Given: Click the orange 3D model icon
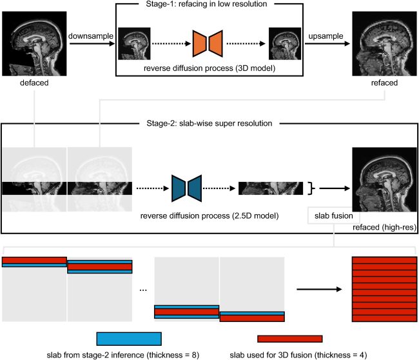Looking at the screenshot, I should (x=208, y=43).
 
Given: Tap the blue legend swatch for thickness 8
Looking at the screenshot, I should (x=128, y=339).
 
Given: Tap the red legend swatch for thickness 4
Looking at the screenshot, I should (x=289, y=339).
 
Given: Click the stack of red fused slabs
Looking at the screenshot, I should (x=382, y=288).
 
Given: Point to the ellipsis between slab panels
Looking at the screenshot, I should (x=143, y=289).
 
